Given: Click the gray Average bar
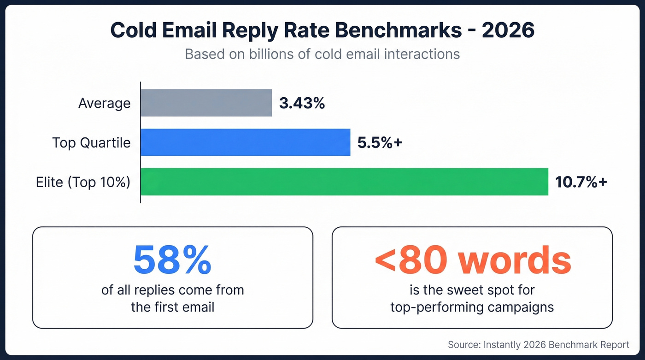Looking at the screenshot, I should coord(206,103).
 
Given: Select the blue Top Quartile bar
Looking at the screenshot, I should coord(245,142).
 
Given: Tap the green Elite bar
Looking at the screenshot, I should coord(344,182).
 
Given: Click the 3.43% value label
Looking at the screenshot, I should coord(302,103).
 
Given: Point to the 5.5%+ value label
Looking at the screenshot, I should coord(380,143).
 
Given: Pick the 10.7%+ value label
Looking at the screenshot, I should coord(581,183).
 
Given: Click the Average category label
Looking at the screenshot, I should coord(104,103).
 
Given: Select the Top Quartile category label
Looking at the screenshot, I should coord(91,143).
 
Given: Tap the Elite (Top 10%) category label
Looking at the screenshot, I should coord(83,183).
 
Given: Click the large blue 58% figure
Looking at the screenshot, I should coord(172,260).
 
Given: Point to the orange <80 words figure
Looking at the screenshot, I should coord(472,260).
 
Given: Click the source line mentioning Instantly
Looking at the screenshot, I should coord(538,344).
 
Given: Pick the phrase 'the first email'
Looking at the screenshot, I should coord(172,307).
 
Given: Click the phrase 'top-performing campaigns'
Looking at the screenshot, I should coord(472,307).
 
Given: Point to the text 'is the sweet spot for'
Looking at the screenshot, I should coord(472,290).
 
